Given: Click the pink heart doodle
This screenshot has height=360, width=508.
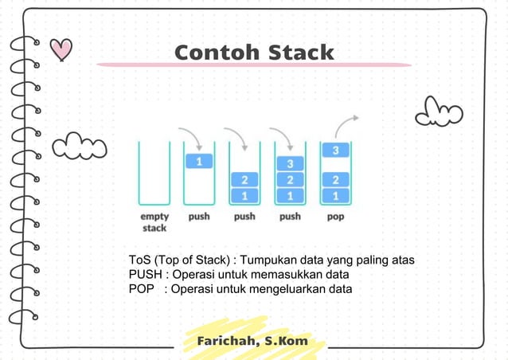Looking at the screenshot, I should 61,50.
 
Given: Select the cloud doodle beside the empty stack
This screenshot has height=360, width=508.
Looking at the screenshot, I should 80,147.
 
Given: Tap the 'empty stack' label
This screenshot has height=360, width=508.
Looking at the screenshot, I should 154,222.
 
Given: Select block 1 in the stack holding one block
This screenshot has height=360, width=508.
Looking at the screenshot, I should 199,162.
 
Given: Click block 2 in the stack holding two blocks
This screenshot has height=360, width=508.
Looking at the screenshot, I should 244,179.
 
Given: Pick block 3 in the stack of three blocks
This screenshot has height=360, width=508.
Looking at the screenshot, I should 290,164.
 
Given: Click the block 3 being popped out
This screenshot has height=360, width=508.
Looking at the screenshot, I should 336,150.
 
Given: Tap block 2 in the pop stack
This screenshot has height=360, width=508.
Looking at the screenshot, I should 336,179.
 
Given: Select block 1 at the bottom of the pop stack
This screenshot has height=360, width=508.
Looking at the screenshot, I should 336,195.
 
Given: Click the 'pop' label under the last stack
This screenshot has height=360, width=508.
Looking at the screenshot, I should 335,217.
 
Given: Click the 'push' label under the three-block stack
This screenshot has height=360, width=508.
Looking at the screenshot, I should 290,217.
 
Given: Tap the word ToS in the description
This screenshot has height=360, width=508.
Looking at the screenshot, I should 140,260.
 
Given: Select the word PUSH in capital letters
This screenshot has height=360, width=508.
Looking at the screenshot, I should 146,275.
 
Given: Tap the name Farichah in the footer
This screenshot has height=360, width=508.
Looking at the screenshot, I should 226,342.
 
